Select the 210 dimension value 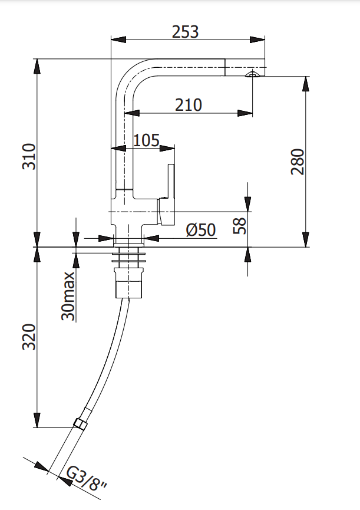pos(189,105)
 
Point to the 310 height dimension pos(29,156)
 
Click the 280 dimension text pos(297,162)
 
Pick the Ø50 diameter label pos(201,230)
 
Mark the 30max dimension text pos(68,296)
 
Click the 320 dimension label pos(29,337)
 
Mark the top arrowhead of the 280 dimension pos(306,84)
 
